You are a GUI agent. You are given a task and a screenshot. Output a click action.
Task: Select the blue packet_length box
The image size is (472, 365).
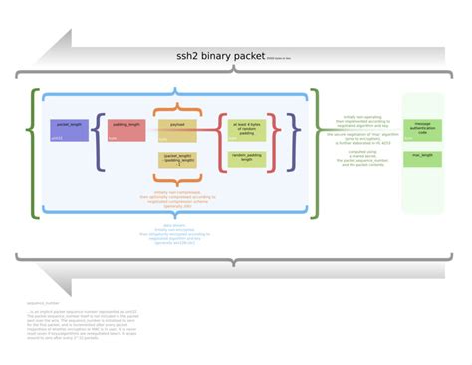click(68, 129)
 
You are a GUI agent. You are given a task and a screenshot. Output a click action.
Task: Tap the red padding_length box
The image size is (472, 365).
click(126, 130)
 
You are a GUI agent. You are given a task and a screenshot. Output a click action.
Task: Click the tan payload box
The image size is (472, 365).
click(177, 128)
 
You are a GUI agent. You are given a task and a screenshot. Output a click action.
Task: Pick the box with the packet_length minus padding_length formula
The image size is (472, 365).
click(179, 159)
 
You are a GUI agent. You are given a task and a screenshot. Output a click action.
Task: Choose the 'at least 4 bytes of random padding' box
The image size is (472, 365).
click(246, 128)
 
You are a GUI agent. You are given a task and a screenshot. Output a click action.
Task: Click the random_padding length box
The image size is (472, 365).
click(246, 157)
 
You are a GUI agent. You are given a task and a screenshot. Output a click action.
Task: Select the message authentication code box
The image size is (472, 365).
click(422, 129)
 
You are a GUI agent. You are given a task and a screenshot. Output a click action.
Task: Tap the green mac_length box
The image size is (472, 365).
click(422, 156)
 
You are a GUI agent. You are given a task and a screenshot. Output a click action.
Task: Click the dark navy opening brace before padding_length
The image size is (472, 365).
click(99, 142)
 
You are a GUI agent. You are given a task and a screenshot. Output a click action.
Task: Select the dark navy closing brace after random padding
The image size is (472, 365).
click(295, 141)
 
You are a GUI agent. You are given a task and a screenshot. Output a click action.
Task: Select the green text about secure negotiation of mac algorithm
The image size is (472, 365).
click(361, 136)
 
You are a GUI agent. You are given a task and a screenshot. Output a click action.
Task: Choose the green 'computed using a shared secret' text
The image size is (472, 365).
click(361, 158)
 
